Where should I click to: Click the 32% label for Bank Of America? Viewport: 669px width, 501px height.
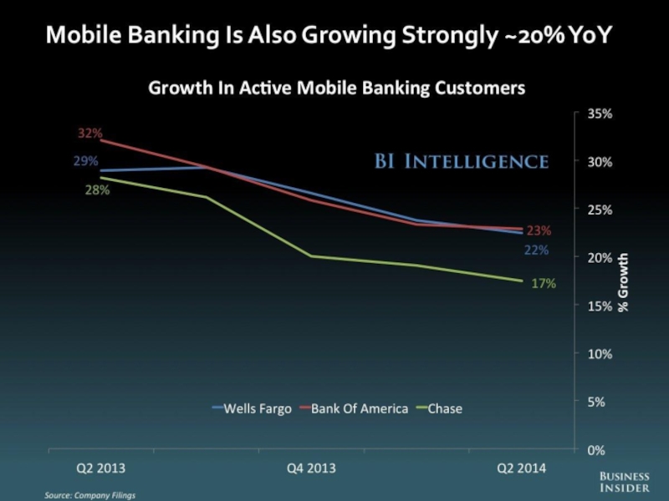click(90, 133)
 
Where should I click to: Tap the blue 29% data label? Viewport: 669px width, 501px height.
click(85, 161)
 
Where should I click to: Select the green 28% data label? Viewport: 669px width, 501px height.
click(98, 190)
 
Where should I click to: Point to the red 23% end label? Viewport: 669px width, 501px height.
click(539, 230)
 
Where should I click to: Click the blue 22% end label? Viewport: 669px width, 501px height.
click(537, 250)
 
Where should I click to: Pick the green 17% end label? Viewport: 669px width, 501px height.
click(544, 284)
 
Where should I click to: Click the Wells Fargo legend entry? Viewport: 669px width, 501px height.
click(252, 408)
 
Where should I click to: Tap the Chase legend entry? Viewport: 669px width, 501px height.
click(442, 408)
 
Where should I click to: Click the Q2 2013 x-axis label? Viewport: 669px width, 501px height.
click(101, 468)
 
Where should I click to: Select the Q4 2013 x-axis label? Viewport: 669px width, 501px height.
click(311, 468)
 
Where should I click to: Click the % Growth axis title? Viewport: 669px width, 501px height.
click(623, 282)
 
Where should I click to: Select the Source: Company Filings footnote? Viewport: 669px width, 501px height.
click(89, 495)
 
